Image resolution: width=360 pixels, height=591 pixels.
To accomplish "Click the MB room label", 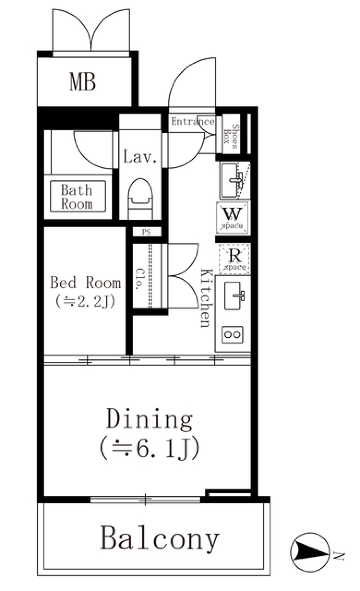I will [82, 82].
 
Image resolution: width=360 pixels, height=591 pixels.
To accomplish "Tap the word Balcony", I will [159, 539].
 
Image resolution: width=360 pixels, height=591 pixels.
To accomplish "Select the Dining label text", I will [149, 419].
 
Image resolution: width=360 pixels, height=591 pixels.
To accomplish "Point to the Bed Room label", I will [85, 283].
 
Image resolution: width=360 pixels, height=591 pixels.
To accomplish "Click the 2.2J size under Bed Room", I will [85, 301].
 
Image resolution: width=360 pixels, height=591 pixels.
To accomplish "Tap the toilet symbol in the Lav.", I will [140, 198].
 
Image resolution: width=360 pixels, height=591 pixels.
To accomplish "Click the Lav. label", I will [139, 157].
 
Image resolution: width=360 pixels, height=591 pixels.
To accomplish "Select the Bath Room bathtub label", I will [77, 197].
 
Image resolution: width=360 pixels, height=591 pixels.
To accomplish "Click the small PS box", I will [146, 232].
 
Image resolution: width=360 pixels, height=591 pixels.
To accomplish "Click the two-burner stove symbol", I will [232, 335].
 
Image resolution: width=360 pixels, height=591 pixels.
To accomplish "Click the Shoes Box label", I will [231, 136].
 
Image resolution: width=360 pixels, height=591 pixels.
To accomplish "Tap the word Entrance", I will [192, 121].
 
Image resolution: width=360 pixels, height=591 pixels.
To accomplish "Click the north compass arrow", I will [310, 552].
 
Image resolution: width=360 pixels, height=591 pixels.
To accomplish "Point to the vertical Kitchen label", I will [206, 298].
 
